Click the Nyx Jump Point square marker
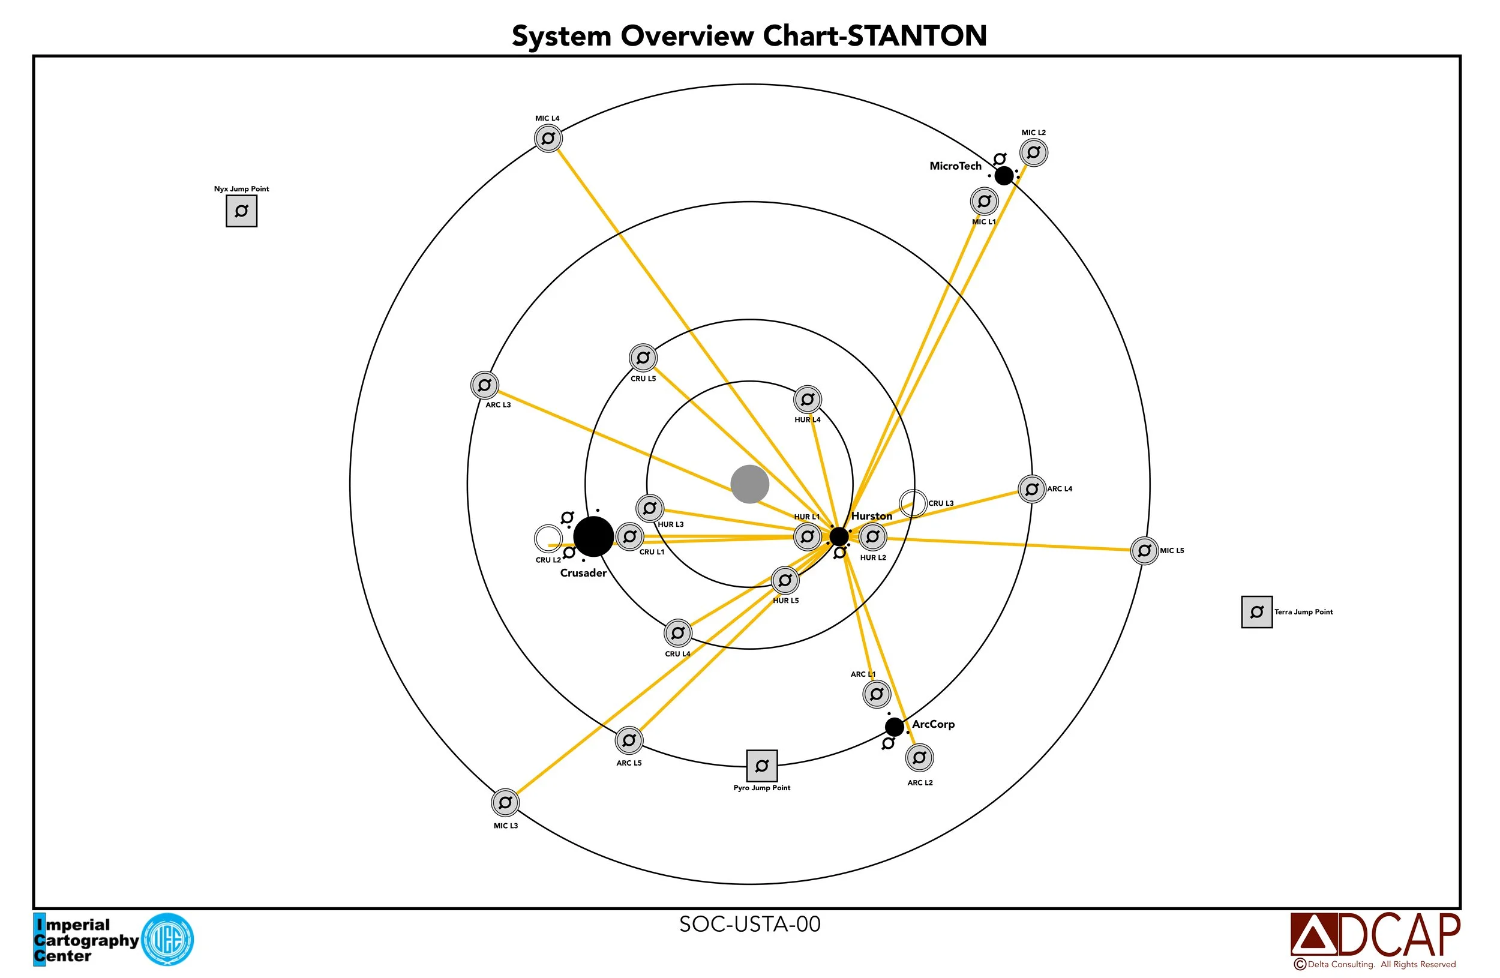[241, 211]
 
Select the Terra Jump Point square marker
[1257, 612]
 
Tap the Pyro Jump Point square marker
[762, 766]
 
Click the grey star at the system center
[749, 485]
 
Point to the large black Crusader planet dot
[593, 536]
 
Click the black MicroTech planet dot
[1003, 175]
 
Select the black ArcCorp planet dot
[893, 727]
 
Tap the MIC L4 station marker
[548, 138]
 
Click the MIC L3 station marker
[505, 803]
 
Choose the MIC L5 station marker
[1145, 551]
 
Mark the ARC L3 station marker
[485, 385]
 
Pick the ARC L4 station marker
[1032, 489]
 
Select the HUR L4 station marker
[808, 399]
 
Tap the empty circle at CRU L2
[548, 539]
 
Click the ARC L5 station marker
[629, 740]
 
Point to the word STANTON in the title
[917, 36]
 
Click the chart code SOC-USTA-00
[749, 924]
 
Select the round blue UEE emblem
[167, 940]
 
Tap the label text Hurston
[872, 516]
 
